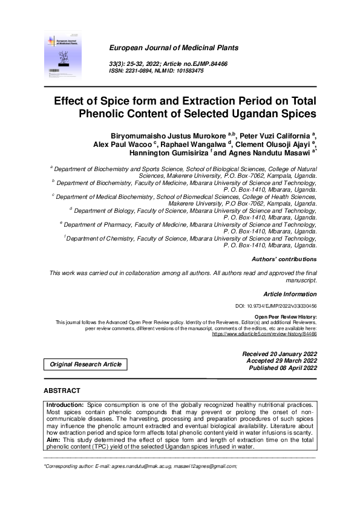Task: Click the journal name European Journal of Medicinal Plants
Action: coord(172,48)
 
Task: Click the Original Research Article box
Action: coord(85,364)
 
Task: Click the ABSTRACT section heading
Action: coord(62,391)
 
